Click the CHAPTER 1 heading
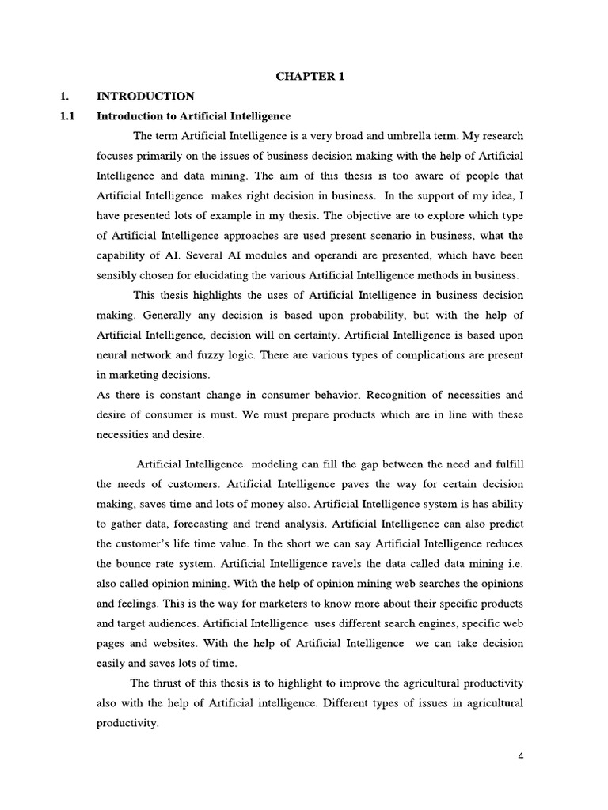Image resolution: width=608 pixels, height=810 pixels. click(x=310, y=76)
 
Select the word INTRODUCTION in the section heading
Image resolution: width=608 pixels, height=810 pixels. click(x=145, y=97)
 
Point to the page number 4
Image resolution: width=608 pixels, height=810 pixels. click(x=520, y=755)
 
